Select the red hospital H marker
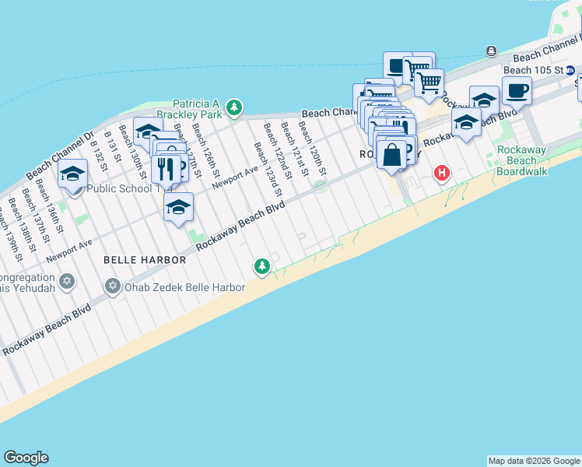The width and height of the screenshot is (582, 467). click(442, 173)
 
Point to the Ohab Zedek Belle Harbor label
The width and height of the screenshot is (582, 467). click(167, 286)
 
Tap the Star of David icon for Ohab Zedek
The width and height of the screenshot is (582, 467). click(114, 286)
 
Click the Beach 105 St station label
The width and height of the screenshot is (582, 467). click(528, 70)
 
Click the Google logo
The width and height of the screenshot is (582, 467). click(26, 457)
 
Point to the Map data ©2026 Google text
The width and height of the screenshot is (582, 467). click(533, 461)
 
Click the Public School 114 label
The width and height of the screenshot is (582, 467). click(129, 188)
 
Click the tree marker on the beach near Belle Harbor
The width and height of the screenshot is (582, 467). click(262, 267)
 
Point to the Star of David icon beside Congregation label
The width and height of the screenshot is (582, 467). click(68, 279)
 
